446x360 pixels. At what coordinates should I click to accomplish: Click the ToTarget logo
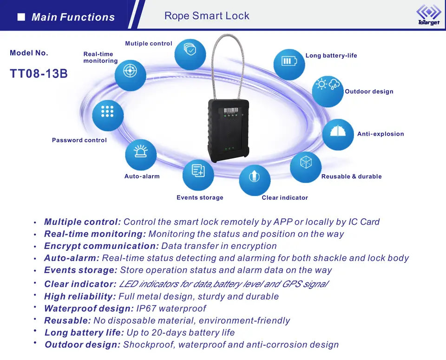click(x=428, y=15)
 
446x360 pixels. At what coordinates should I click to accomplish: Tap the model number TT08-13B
click(x=39, y=74)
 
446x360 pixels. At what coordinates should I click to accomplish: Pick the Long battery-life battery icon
click(x=289, y=62)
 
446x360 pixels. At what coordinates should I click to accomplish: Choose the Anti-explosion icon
click(x=338, y=134)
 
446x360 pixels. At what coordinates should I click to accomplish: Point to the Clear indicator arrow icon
click(x=255, y=179)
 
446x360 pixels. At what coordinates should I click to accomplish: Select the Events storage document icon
click(x=198, y=174)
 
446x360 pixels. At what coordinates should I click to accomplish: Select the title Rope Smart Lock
click(x=207, y=16)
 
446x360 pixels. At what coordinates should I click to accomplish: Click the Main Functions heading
click(x=73, y=18)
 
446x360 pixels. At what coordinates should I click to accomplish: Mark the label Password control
click(x=79, y=140)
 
